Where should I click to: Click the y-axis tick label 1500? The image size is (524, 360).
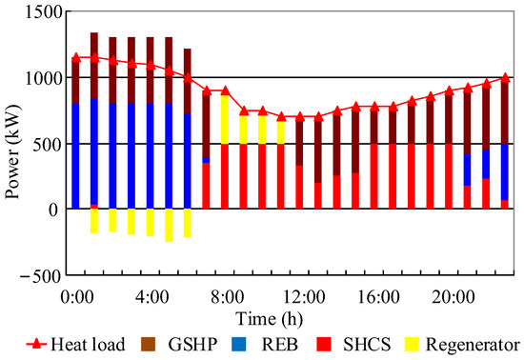41,12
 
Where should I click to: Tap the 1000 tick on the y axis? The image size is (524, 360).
41,78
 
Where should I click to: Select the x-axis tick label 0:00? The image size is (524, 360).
76,296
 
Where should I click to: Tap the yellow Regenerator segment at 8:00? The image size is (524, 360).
225,119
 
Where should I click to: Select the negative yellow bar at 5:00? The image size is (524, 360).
169,225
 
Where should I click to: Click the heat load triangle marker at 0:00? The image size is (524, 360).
76,57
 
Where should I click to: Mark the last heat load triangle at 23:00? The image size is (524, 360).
505,78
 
